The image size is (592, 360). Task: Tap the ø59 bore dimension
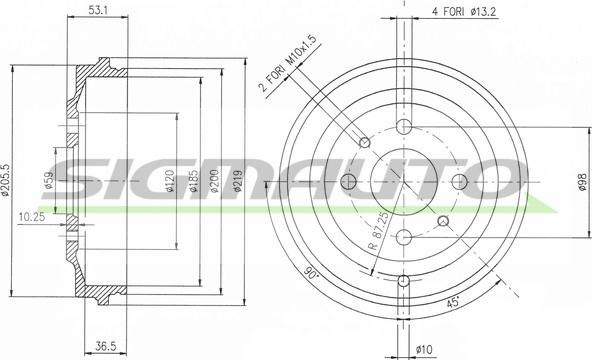pyautogui.click(x=49, y=181)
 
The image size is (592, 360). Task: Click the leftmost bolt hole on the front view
pyautogui.click(x=349, y=181)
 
